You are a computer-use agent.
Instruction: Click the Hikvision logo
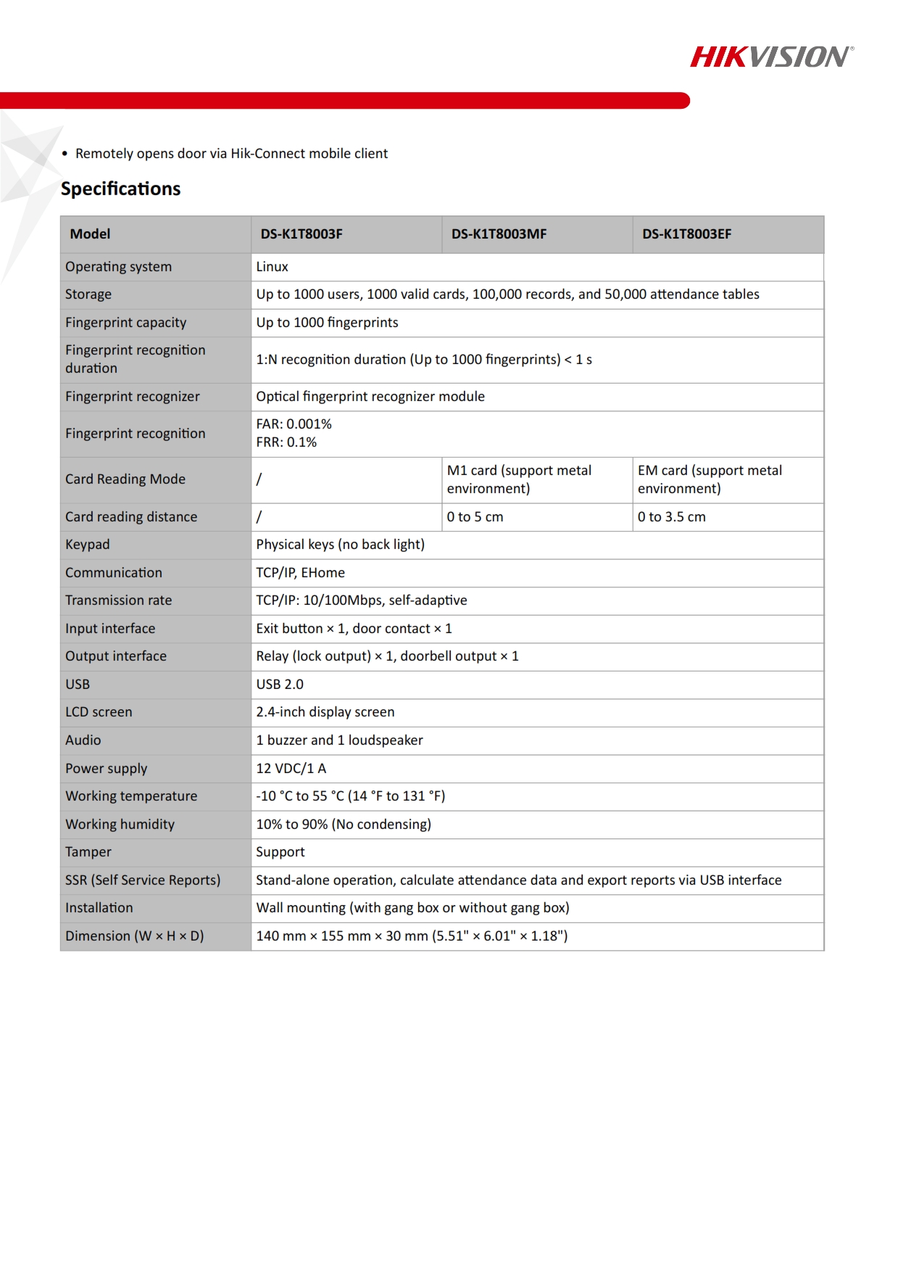click(x=771, y=57)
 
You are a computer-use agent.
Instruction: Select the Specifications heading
click(x=120, y=189)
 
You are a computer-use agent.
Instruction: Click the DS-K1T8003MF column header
click(x=499, y=234)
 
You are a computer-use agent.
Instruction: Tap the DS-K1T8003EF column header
click(x=686, y=234)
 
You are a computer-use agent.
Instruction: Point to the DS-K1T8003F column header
click(x=302, y=234)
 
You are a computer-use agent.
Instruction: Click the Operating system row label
click(x=118, y=267)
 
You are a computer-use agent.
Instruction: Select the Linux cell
click(x=273, y=267)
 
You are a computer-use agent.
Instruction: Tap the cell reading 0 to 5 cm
click(x=475, y=517)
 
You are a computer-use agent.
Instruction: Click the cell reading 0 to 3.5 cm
click(x=671, y=517)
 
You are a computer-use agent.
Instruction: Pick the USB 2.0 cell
click(x=280, y=685)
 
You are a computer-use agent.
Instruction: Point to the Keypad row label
click(x=88, y=545)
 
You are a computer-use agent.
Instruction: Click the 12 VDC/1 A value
click(x=291, y=769)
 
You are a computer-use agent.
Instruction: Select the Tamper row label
click(x=88, y=852)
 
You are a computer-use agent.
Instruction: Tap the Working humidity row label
click(x=120, y=825)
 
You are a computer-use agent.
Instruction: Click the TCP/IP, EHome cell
click(x=300, y=573)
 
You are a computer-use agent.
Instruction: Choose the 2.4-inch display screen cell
click(x=325, y=712)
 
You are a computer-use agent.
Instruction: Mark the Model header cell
click(x=90, y=234)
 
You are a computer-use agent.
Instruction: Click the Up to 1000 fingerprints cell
click(x=327, y=323)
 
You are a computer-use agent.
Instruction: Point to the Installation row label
click(x=99, y=908)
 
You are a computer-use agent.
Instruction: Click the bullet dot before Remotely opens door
click(x=65, y=154)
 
